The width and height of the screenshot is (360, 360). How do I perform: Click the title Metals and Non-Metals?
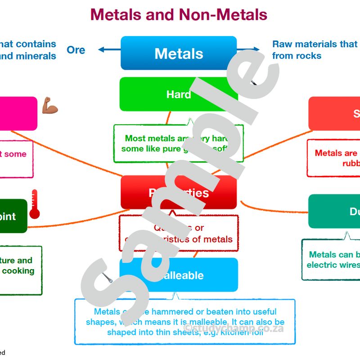(x=179, y=15)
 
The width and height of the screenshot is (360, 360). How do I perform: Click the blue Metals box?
(x=179, y=53)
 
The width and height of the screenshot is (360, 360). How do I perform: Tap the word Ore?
(x=76, y=50)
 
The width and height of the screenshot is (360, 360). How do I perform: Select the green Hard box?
(x=179, y=94)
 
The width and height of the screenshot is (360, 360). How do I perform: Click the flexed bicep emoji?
(x=49, y=107)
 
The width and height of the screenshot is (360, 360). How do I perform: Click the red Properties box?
(x=179, y=193)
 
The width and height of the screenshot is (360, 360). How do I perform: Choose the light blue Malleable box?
(x=179, y=275)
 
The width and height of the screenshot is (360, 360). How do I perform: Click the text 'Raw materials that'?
(x=314, y=44)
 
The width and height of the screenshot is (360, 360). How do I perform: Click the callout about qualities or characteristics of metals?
(x=179, y=233)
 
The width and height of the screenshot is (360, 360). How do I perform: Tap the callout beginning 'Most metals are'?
(x=179, y=143)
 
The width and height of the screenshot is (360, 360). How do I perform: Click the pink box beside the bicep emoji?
(x=18, y=113)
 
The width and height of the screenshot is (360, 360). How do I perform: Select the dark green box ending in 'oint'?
(x=13, y=216)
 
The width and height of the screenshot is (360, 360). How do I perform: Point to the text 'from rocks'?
(x=297, y=56)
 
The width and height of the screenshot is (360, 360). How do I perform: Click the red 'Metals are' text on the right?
(x=336, y=153)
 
